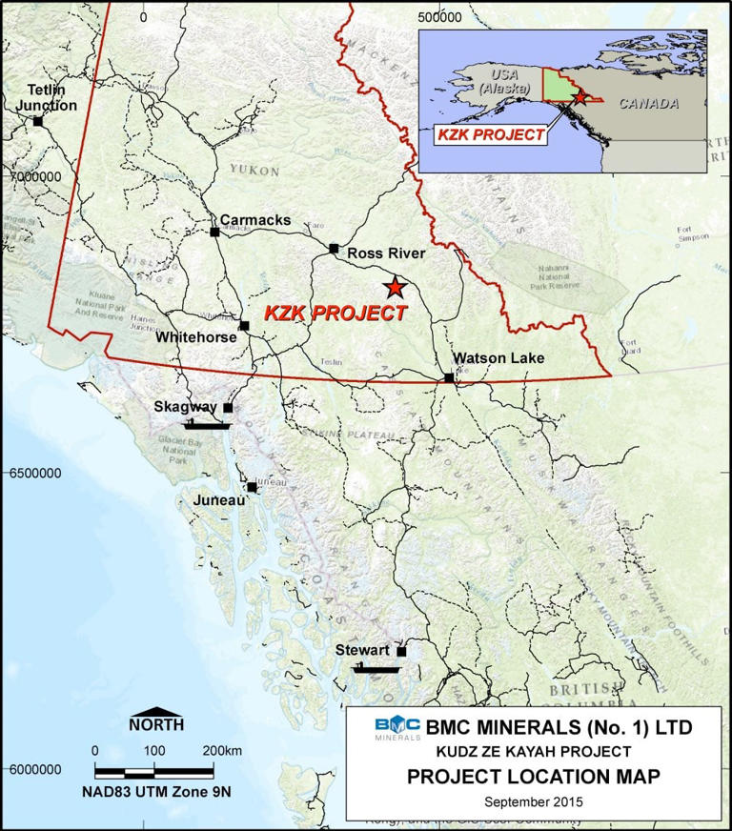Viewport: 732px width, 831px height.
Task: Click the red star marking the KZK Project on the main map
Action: coord(393,286)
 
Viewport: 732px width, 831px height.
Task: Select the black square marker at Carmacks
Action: coord(215,232)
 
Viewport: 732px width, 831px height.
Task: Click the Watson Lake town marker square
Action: coord(449,378)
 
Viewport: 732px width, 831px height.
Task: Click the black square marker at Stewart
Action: coord(401,653)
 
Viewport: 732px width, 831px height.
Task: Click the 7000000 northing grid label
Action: coord(30,176)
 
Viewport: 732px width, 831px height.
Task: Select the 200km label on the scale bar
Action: coord(222,750)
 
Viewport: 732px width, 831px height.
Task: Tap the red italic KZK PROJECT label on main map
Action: coord(335,312)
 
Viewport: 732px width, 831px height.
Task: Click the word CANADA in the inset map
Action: coord(647,103)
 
